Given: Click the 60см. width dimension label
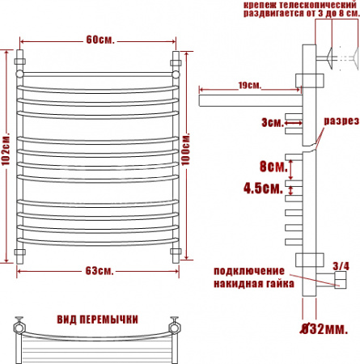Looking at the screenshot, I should click(x=100, y=40).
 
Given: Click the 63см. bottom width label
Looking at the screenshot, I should click(x=100, y=269).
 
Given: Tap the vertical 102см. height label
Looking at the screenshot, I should click(x=6, y=154).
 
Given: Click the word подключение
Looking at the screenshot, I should click(x=248, y=269).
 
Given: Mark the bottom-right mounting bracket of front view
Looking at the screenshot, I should click(x=176, y=253).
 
